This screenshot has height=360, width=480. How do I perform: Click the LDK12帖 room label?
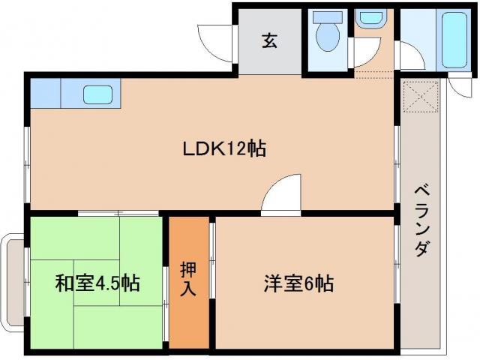tap(224, 149)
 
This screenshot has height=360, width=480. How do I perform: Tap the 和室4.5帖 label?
tap(97, 283)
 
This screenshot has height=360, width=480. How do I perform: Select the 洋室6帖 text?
tap(298, 283)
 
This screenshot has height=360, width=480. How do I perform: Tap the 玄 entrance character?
tap(269, 40)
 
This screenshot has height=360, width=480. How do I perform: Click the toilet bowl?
tap(328, 38)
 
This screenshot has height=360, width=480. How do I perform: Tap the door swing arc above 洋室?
tap(283, 193)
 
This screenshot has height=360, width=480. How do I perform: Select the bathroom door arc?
tap(409, 56)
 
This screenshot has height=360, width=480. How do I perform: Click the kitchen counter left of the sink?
tap(46, 94)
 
